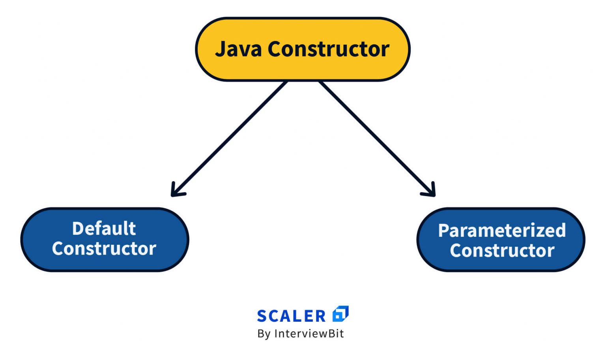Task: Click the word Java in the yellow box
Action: point(238,49)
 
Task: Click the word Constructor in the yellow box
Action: point(329,49)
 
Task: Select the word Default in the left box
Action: point(104,229)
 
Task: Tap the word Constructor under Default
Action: point(104,249)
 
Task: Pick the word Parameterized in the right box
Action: point(502,231)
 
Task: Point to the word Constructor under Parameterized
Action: point(502,251)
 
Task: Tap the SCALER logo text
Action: point(291,316)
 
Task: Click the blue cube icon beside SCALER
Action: point(340,314)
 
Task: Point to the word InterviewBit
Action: point(309,334)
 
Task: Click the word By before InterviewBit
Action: point(264,334)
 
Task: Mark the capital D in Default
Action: point(78,229)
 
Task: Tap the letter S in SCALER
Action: point(262,316)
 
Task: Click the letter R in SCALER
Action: point(320,316)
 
